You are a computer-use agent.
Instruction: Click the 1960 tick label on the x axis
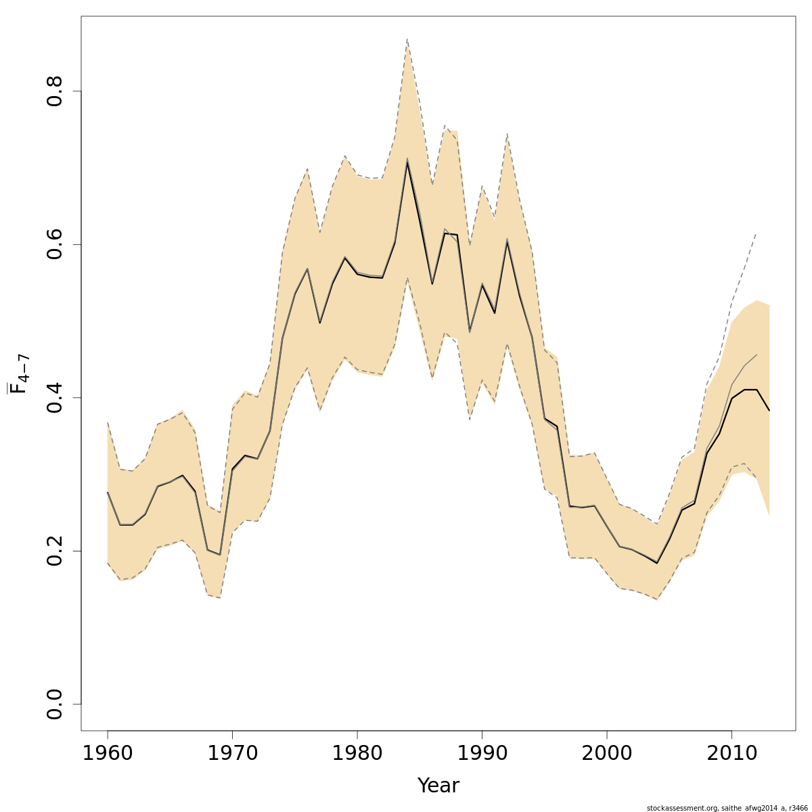(108, 754)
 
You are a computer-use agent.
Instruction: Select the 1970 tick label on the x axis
(232, 754)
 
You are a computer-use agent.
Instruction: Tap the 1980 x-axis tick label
(357, 754)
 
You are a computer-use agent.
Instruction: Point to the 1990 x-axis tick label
(482, 754)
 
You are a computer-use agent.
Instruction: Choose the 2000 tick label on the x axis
(607, 754)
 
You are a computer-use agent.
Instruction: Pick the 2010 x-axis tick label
(731, 754)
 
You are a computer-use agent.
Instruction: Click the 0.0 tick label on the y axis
(55, 704)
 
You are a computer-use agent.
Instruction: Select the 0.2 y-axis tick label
(55, 551)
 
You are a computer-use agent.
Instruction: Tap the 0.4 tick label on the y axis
(55, 397)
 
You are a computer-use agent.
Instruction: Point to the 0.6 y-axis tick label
(55, 244)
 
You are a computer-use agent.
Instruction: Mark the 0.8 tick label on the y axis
(55, 91)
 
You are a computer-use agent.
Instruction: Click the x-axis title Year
(438, 786)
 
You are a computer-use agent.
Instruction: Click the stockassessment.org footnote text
(727, 808)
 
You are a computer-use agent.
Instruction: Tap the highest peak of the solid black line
(407, 161)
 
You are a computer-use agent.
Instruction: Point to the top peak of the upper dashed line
(407, 39)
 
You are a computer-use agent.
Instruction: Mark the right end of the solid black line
(769, 410)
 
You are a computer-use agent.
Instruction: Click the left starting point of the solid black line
(108, 492)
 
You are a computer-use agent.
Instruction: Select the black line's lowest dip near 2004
(656, 563)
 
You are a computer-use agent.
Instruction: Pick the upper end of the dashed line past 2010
(756, 233)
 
